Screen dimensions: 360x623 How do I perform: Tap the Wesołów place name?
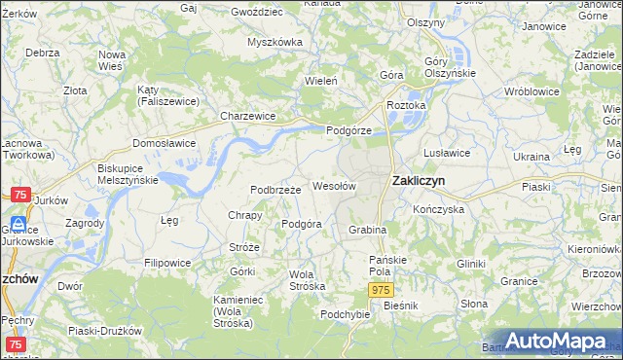point(334,185)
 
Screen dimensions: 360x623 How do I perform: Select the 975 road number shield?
point(381,291)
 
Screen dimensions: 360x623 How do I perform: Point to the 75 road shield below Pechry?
point(16,345)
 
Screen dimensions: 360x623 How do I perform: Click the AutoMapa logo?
point(549,342)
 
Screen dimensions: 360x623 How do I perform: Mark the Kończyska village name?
point(438,209)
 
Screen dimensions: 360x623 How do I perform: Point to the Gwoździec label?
point(257,12)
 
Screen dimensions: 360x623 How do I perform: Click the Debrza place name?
point(43,53)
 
